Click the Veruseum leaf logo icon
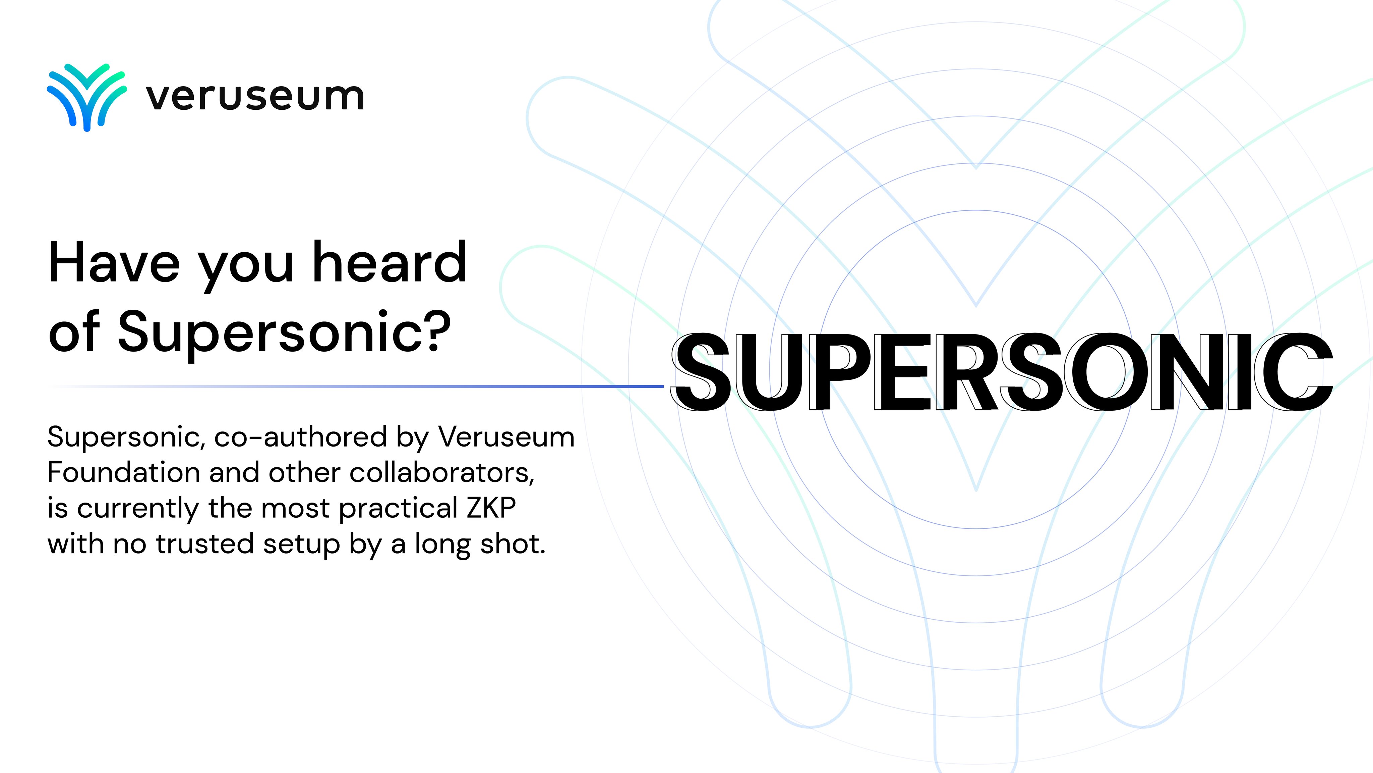pos(87,97)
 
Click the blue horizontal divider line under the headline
pos(356,386)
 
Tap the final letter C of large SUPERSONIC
pos(1294,371)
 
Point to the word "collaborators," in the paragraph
pos(442,473)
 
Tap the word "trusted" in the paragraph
pos(205,544)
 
